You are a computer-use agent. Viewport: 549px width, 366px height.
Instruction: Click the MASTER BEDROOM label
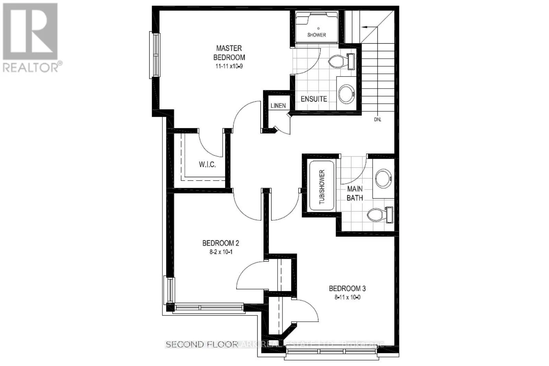point(229,53)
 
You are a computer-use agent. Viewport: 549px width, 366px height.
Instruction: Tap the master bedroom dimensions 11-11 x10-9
point(229,66)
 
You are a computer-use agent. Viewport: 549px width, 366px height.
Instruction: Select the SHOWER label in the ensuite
point(316,35)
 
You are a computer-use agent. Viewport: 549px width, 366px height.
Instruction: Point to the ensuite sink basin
point(346,93)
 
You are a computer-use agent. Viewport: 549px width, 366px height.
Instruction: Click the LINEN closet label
point(278,105)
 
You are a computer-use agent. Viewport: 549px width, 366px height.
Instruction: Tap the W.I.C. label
point(207,164)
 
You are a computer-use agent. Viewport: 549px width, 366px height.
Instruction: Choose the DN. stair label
point(377,119)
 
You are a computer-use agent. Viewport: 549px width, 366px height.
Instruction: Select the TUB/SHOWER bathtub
point(322,187)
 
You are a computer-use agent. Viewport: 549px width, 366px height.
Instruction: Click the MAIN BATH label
point(355,193)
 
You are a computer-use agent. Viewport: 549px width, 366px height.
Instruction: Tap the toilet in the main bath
point(377,215)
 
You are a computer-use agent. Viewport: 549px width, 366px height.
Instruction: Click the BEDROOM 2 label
point(221,243)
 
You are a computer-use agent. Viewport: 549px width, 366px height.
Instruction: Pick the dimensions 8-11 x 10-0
point(347,297)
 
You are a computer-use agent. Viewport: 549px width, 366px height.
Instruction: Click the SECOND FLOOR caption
point(202,344)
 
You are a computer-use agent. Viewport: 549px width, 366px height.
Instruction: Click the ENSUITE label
point(314,99)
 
